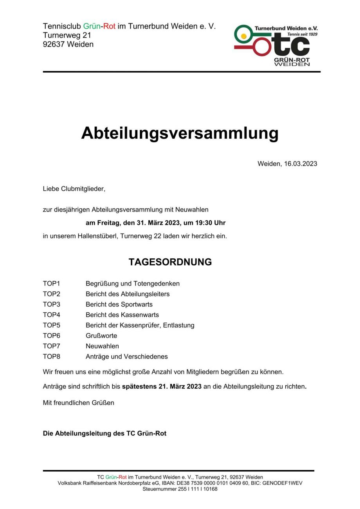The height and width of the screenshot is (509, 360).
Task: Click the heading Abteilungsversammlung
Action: [180, 133]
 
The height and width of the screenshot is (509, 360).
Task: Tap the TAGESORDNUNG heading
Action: [170, 262]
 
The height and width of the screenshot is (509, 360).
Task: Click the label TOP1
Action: [51, 283]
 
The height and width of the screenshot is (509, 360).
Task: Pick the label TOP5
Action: [51, 325]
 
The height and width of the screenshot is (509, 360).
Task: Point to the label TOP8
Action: [51, 357]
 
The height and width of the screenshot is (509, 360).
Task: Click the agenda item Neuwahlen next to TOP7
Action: [102, 346]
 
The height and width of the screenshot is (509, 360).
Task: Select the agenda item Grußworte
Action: [101, 336]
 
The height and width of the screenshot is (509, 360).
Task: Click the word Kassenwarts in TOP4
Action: [139, 315]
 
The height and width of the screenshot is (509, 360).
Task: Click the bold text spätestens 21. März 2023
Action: [162, 387]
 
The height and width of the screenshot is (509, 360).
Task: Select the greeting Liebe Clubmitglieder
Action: [74, 189]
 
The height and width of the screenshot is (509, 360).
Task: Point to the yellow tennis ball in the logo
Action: [244, 36]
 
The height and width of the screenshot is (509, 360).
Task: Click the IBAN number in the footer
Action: [216, 483]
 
